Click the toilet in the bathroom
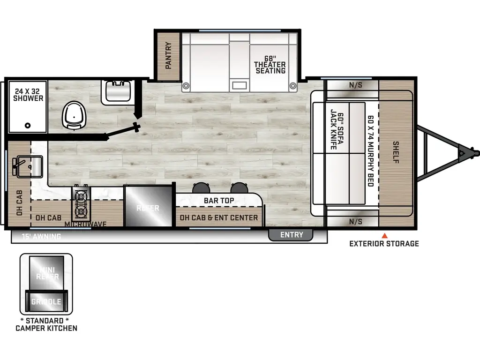click(x=73, y=114)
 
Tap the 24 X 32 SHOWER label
click(x=28, y=95)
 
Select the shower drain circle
click(x=28, y=125)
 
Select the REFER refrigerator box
click(x=148, y=207)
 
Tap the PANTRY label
click(x=168, y=56)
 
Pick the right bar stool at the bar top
click(x=240, y=187)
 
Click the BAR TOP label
click(x=219, y=201)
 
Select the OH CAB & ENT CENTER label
click(x=218, y=217)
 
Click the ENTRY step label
click(x=292, y=234)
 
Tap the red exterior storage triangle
click(x=384, y=235)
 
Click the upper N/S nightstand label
click(x=355, y=85)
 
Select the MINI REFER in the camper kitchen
click(x=46, y=273)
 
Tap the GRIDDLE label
click(x=46, y=301)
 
